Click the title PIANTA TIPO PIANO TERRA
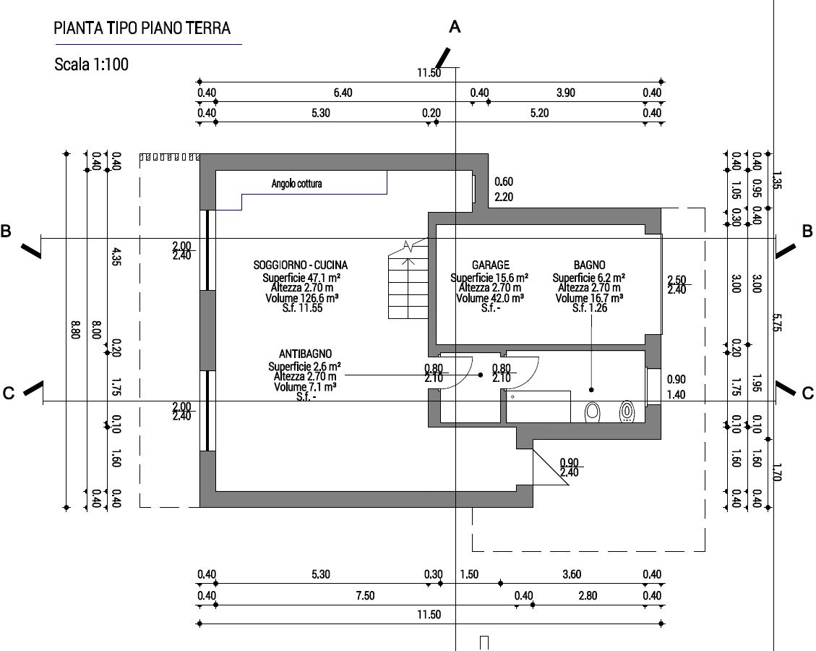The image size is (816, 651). tap(142, 28)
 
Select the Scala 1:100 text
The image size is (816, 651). tap(91, 64)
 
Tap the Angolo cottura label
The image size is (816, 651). tap(296, 184)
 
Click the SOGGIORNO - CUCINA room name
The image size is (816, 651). tap(301, 265)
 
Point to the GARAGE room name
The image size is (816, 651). tap(490, 265)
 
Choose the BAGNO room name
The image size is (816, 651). tap(590, 265)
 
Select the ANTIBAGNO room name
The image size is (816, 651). tap(305, 354)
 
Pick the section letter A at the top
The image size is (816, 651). tap(455, 27)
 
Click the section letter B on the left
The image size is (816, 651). tap(6, 231)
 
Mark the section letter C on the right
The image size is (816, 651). tap(808, 393)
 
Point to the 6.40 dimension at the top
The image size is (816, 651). tap(343, 93)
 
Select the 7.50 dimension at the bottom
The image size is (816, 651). tap(366, 595)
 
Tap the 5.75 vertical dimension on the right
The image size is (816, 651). tap(776, 323)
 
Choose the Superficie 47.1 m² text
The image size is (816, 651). tap(301, 278)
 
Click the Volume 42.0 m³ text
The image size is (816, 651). tap(490, 298)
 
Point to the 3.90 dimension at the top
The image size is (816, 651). tap(566, 93)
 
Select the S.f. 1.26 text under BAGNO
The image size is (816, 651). tap(590, 308)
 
